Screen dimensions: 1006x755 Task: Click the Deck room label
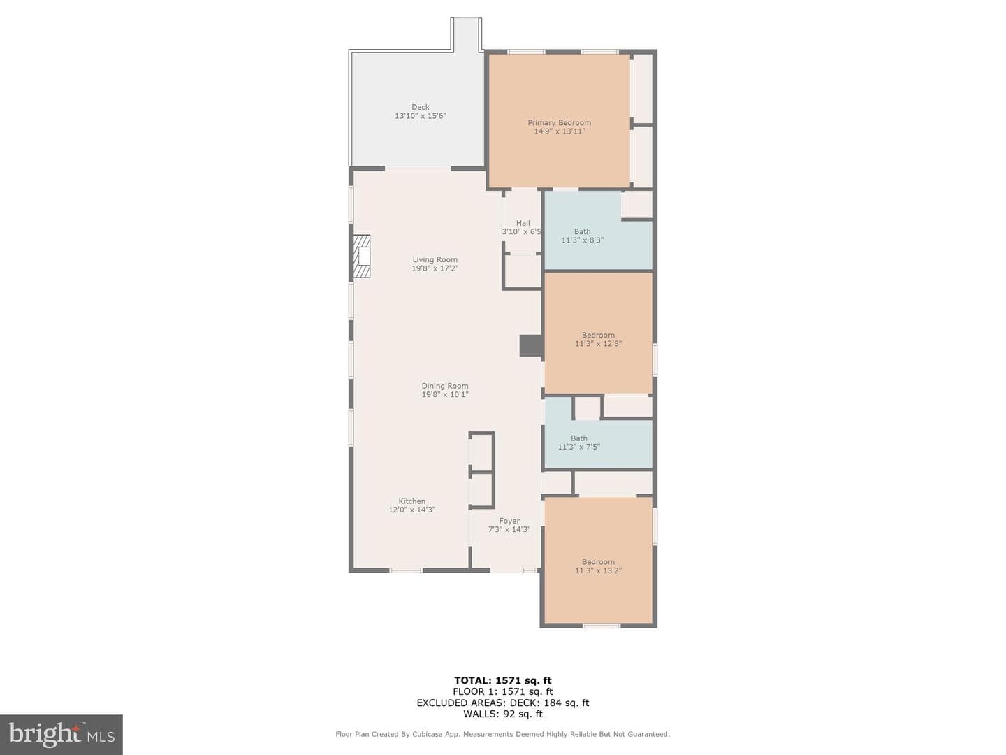tap(420, 107)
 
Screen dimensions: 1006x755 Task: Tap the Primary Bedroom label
tap(559, 123)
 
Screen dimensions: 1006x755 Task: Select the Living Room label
tap(435, 259)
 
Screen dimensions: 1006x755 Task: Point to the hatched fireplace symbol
tap(361, 257)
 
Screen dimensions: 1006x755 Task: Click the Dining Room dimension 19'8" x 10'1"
tap(444, 395)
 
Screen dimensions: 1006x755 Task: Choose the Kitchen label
tap(411, 501)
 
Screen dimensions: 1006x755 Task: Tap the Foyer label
tap(509, 521)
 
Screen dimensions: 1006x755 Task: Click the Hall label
tap(523, 223)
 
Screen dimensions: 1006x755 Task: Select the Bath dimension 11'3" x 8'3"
tap(582, 240)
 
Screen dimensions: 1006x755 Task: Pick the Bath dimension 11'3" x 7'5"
tap(579, 447)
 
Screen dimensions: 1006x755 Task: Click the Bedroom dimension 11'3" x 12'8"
tap(598, 343)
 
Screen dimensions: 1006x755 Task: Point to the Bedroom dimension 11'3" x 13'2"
tap(598, 570)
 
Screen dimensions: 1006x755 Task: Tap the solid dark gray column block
tap(531, 345)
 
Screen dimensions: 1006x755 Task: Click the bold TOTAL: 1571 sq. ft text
tap(503, 681)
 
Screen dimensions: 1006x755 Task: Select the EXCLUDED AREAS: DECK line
tap(503, 703)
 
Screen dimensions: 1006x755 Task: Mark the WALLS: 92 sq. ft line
tap(503, 714)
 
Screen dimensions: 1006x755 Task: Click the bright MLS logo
tap(61, 734)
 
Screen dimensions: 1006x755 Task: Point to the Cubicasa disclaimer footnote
tap(503, 734)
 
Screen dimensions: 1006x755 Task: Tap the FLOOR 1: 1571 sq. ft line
tap(503, 692)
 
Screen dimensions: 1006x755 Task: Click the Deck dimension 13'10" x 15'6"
tap(421, 116)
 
